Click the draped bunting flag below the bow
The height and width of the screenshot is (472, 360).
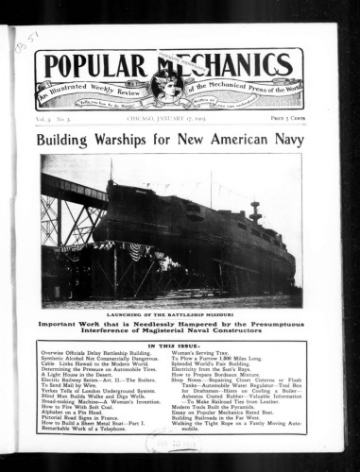[138, 252]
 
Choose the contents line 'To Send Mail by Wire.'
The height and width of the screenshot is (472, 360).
[72, 386]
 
